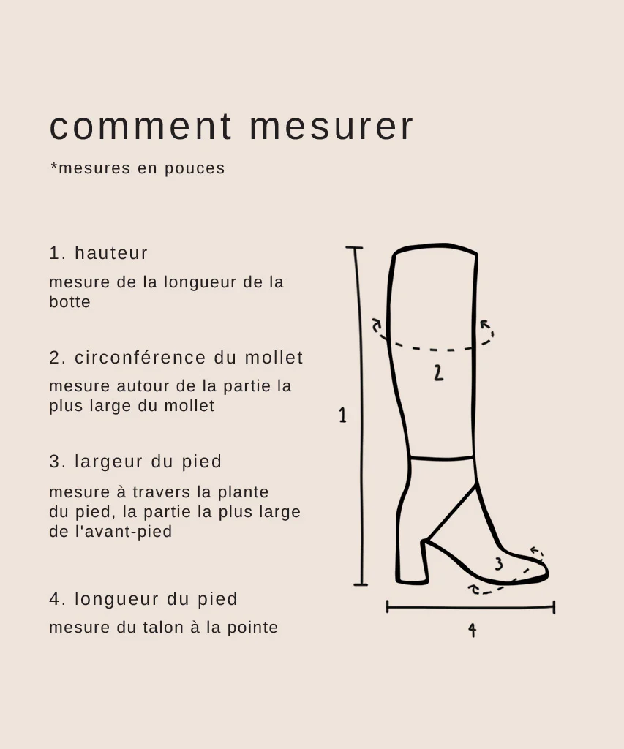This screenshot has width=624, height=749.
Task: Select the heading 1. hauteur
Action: [99, 253]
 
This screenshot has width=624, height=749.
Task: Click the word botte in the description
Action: [69, 302]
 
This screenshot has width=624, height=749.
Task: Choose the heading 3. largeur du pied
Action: [135, 462]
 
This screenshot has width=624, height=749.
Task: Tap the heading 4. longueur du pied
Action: [143, 599]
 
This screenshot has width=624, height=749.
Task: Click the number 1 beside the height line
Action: [342, 415]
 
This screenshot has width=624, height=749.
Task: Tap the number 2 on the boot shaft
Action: [437, 373]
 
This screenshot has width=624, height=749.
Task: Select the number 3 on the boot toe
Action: [499, 564]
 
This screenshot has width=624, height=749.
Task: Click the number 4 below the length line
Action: [472, 630]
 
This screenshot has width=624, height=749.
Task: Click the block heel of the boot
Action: [411, 563]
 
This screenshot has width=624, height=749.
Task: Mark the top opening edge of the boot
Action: [435, 247]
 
